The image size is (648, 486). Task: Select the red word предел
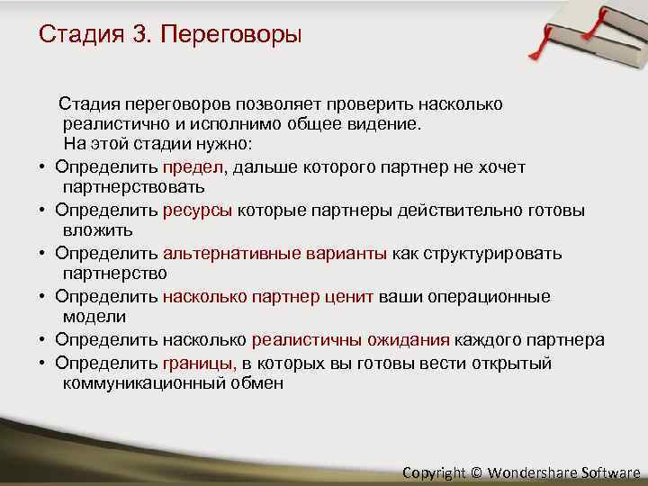[x=194, y=167]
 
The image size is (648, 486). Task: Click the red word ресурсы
[x=198, y=211]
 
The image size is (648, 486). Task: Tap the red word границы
[x=200, y=363]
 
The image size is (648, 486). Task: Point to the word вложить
[x=98, y=230]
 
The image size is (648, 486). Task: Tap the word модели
[x=94, y=317]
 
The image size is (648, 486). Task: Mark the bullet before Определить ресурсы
[x=42, y=211]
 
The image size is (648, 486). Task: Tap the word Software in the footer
[x=611, y=472]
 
